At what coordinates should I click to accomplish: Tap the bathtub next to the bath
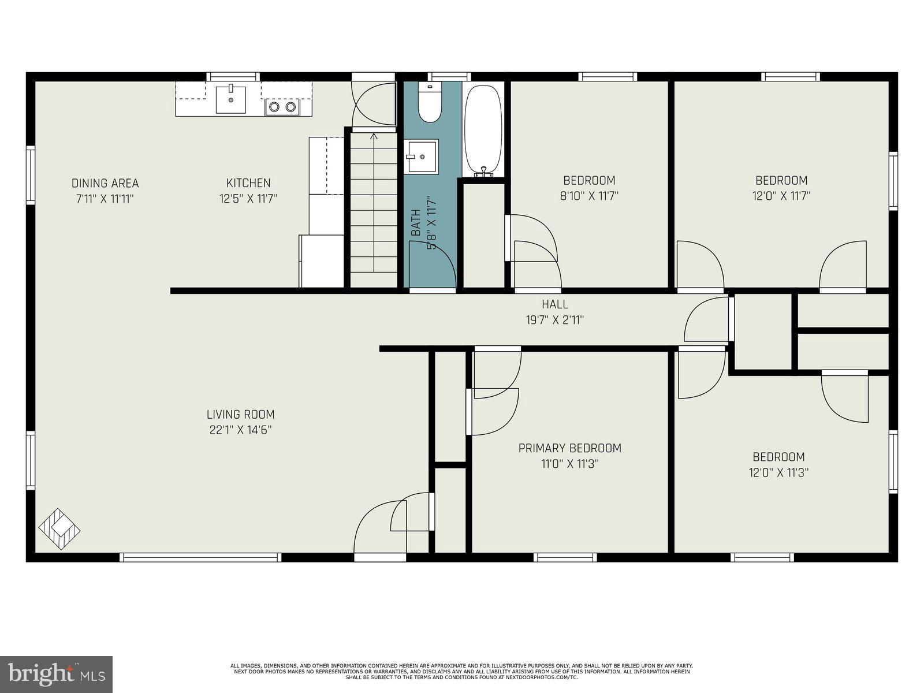pos(483,129)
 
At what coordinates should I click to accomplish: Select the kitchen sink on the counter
pos(230,100)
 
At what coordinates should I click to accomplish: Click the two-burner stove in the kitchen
pos(282,107)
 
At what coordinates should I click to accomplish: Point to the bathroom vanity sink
pos(422,156)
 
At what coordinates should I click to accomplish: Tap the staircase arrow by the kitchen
pos(374,137)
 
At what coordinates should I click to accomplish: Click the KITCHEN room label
pos(248,183)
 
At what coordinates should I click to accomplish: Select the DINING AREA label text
pos(105,183)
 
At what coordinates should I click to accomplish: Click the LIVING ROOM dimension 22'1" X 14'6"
pos(240,430)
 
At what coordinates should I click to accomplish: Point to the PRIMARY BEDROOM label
pos(569,448)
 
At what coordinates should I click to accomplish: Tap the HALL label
pos(554,304)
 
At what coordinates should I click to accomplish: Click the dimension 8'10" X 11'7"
pos(589,196)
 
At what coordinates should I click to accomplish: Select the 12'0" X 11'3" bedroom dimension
pos(778,472)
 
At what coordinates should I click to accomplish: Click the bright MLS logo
pos(56,674)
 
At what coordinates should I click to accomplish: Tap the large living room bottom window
pos(200,557)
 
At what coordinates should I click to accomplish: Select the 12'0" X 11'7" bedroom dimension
pos(781,196)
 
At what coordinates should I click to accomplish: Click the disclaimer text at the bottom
pos(461,671)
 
